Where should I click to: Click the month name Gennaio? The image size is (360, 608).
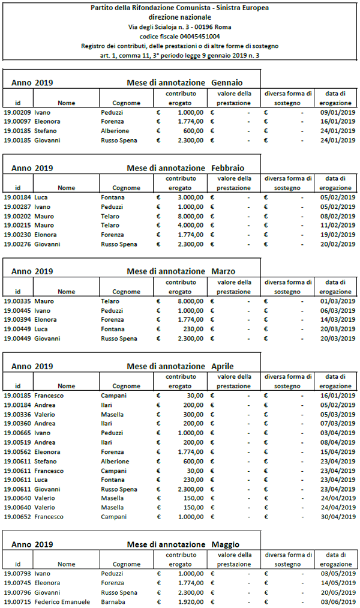click(x=227, y=82)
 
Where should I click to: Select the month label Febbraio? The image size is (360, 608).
click(x=228, y=167)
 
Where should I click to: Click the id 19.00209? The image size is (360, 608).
click(x=17, y=112)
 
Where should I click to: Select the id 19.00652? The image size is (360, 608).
click(x=17, y=517)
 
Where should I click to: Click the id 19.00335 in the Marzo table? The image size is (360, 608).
click(x=17, y=301)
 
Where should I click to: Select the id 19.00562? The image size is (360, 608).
click(x=17, y=451)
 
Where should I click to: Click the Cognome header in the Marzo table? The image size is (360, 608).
click(x=127, y=291)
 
